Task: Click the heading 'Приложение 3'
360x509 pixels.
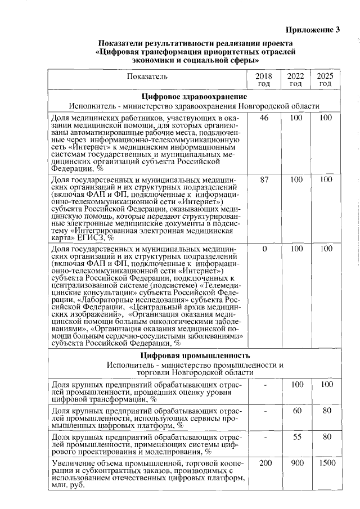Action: tap(313, 30)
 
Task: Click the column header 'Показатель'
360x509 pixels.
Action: tap(147, 75)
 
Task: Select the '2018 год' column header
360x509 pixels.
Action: tap(264, 79)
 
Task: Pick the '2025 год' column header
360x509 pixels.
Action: tap(325, 79)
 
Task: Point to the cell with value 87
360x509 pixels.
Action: tap(264, 179)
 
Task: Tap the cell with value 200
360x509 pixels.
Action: tap(264, 463)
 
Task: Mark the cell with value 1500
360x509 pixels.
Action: tap(325, 463)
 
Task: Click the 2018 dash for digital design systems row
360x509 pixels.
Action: tap(264, 436)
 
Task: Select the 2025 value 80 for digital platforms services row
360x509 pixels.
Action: tap(325, 411)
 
